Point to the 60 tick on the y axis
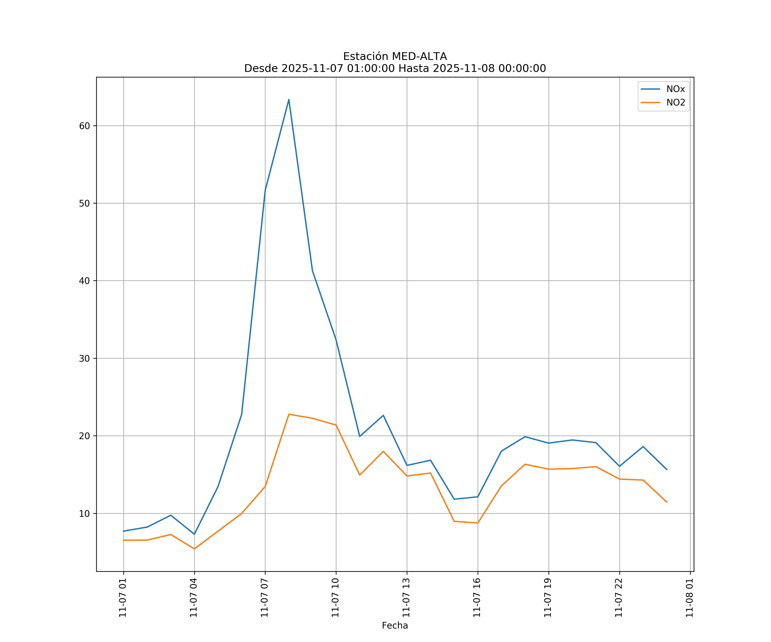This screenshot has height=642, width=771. tap(84, 126)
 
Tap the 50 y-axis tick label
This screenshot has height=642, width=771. tap(84, 203)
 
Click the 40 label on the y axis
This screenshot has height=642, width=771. tap(84, 281)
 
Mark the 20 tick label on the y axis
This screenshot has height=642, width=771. tap(84, 436)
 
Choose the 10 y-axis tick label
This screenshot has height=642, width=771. tap(84, 514)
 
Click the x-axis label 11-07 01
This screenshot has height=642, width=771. tap(123, 598)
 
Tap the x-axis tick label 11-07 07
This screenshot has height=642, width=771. tap(265, 598)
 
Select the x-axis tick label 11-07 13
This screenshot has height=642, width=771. tap(406, 598)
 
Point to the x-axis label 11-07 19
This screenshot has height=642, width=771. tap(548, 598)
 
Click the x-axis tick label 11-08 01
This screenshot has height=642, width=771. tap(690, 598)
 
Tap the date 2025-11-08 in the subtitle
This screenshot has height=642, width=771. tap(463, 69)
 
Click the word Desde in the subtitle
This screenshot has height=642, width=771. tap(261, 69)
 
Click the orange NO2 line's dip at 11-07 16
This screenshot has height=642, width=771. tap(477, 523)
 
